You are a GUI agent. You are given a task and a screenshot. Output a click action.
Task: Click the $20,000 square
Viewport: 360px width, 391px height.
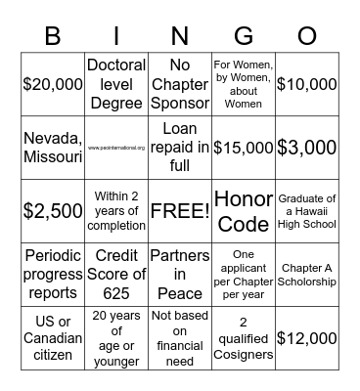[53, 84]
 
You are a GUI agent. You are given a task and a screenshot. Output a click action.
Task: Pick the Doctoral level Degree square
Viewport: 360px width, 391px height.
[115, 84]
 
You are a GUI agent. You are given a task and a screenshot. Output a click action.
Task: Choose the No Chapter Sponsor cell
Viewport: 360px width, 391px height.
[179, 84]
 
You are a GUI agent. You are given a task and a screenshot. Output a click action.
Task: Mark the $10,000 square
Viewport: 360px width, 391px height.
[306, 84]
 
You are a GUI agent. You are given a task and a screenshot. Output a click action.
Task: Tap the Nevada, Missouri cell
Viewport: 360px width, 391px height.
[53, 148]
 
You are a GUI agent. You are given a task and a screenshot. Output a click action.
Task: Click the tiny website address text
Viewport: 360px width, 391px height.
[115, 148]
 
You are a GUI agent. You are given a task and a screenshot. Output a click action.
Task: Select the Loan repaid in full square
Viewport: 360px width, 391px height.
[179, 148]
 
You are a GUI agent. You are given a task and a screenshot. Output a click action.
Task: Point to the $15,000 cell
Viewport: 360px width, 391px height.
[243, 148]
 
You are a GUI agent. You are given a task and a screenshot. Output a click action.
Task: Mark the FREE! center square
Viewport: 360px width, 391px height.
[179, 211]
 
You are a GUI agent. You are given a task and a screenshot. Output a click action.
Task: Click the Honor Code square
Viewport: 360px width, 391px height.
[243, 211]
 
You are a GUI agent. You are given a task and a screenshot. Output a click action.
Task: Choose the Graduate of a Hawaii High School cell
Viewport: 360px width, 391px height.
[306, 211]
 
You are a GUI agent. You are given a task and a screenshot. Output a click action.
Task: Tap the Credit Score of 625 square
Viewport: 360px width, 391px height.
[115, 275]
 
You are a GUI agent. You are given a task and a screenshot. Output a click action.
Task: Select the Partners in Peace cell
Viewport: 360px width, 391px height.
[179, 275]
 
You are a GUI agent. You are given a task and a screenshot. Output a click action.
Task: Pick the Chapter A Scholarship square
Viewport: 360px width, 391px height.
[306, 275]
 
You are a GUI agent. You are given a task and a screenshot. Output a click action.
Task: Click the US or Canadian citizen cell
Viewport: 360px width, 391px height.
[53, 338]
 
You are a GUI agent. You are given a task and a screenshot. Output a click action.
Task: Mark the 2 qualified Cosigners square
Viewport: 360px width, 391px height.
[243, 338]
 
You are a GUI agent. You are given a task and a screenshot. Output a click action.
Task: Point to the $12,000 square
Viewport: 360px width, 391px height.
[306, 338]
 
